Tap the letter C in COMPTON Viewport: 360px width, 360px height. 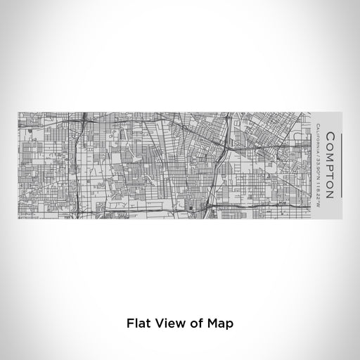pos(329,134)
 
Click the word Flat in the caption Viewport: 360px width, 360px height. pos(139,324)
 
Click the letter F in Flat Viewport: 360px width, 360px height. pos(130,324)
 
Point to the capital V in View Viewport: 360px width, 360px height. pos(162,324)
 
